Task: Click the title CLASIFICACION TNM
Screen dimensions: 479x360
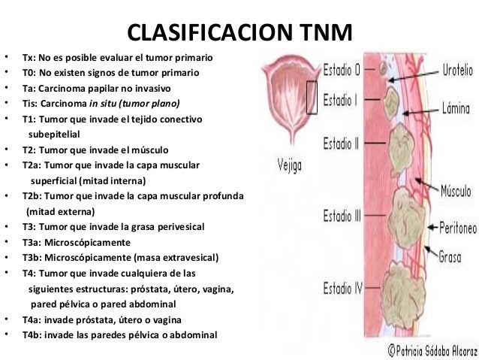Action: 239,33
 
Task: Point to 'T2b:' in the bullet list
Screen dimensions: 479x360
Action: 34,198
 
